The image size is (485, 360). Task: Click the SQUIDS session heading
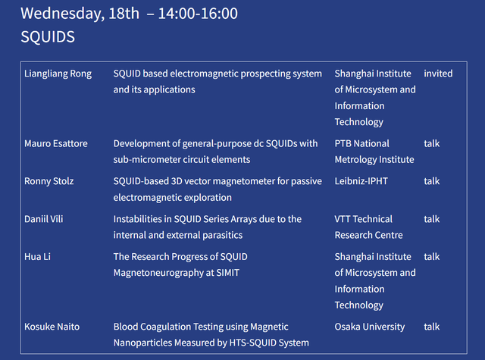click(48, 37)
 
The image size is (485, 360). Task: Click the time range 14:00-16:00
click(198, 14)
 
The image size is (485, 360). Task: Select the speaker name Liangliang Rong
click(58, 74)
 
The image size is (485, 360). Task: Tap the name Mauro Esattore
click(56, 143)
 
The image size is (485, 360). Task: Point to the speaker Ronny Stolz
click(48, 181)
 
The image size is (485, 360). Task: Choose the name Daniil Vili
click(44, 219)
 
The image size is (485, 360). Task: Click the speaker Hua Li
click(37, 257)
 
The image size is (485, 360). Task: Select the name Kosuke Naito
click(52, 327)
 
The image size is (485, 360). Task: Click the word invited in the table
click(438, 74)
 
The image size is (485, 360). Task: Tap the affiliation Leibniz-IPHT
click(361, 181)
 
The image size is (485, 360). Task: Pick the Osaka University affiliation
click(370, 327)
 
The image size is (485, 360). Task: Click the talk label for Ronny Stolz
click(431, 181)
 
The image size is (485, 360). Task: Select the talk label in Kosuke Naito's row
click(431, 327)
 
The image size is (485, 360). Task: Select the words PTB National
click(362, 143)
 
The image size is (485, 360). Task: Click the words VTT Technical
click(364, 219)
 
